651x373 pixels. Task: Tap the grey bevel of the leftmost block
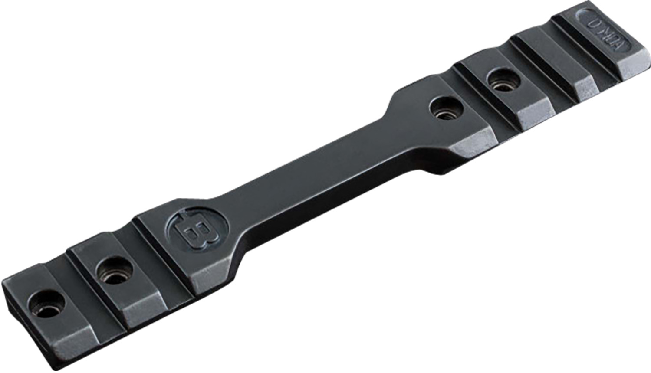point(74,347)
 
